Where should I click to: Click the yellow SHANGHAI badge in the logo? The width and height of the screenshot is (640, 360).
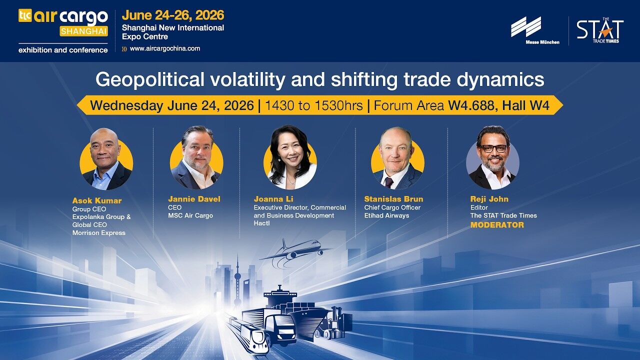pyautogui.click(x=83, y=31)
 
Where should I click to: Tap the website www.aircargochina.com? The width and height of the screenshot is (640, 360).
pyautogui.click(x=165, y=48)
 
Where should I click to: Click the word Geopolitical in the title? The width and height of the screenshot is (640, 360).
pyautogui.click(x=149, y=79)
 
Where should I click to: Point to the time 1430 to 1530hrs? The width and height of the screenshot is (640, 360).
pyautogui.click(x=313, y=105)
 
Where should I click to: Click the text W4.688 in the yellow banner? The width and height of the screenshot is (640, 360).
pyautogui.click(x=471, y=105)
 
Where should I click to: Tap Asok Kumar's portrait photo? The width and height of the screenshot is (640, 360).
pyautogui.click(x=106, y=159)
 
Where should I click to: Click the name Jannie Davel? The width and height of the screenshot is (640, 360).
pyautogui.click(x=194, y=199)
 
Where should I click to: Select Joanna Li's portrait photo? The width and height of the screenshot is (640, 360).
pyautogui.click(x=290, y=157)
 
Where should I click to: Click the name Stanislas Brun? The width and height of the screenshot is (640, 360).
pyautogui.click(x=393, y=199)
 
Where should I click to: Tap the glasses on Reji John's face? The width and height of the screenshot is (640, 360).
pyautogui.click(x=493, y=148)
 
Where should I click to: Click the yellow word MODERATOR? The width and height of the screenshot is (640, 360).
pyautogui.click(x=497, y=225)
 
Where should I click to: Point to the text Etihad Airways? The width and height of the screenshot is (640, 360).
pyautogui.click(x=386, y=215)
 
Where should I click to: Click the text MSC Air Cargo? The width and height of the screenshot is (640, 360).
pyautogui.click(x=190, y=215)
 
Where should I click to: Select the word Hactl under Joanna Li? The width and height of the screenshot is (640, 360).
pyautogui.click(x=261, y=223)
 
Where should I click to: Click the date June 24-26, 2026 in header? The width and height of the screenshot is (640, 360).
pyautogui.click(x=173, y=15)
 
